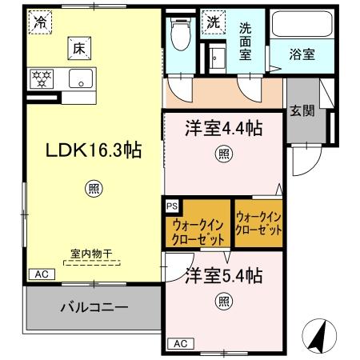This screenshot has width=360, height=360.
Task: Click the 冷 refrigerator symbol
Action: (39, 23)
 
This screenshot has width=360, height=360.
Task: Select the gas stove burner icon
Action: (41, 78)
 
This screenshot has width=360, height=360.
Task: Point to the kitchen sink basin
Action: (81, 78)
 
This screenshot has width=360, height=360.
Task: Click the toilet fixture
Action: (182, 34)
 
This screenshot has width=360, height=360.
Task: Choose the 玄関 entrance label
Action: (302, 109)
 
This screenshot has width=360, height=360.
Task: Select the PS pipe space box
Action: (172, 206)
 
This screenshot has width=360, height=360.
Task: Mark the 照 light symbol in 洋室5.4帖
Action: (221, 302)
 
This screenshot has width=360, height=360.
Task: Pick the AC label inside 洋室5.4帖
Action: (181, 344)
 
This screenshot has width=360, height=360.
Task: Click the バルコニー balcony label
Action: (94, 306)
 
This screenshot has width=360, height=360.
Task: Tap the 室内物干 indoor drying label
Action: (90, 254)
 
